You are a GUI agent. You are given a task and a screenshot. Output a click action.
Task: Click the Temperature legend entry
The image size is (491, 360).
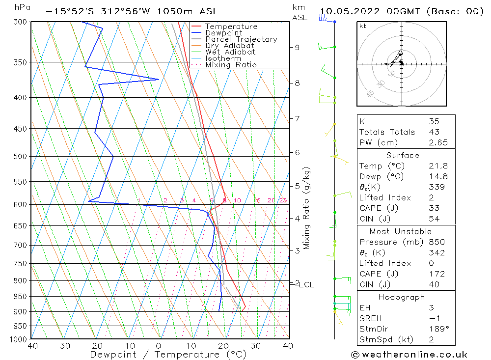(x=231, y=27)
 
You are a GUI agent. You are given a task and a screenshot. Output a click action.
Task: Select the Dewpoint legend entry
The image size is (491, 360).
(x=224, y=33)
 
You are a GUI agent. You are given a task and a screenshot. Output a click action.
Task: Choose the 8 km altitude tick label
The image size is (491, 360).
(x=297, y=83)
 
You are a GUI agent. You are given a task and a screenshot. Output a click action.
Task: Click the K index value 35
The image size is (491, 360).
(x=434, y=121)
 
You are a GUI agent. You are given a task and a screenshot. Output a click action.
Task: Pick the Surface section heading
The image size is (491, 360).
(x=403, y=155)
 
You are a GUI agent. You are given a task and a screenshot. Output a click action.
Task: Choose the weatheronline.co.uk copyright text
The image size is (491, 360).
(x=409, y=355)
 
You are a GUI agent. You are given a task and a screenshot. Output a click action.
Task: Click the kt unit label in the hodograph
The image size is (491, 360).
(x=363, y=26)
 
